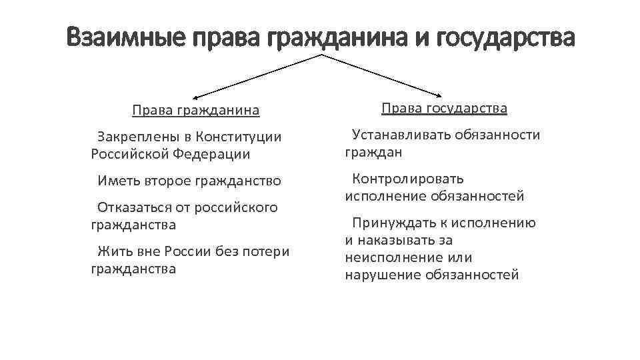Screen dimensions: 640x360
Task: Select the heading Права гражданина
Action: (195, 109)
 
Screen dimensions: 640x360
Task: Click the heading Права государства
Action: (444, 108)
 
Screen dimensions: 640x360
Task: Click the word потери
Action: (265, 252)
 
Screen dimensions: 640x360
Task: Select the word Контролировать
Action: (407, 179)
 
